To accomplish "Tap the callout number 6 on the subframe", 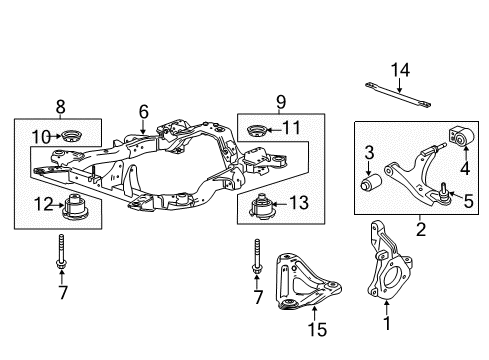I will [x=143, y=113].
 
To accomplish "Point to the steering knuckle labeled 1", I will [x=386, y=269].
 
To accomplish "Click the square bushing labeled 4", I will [x=465, y=135].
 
